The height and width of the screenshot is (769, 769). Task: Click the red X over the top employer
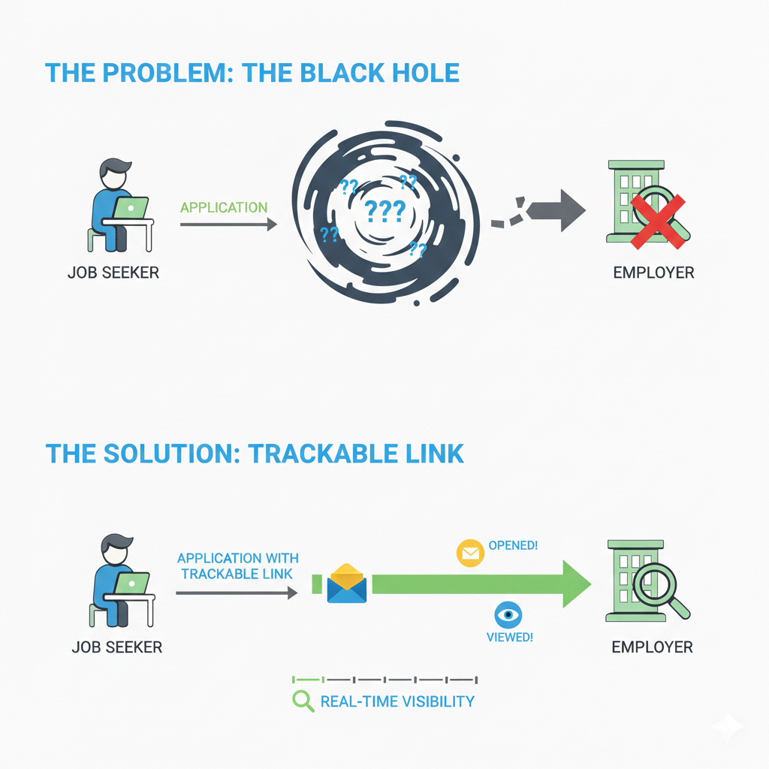pos(657,222)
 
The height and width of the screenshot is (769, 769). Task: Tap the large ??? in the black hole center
pos(384,210)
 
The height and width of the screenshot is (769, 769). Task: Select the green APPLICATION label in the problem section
pos(224,207)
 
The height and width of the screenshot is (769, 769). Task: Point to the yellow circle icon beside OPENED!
pos(470,553)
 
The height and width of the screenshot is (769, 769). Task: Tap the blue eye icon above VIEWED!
pos(508,615)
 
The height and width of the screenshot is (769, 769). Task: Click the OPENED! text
pos(513,545)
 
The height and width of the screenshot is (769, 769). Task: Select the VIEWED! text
pos(510,638)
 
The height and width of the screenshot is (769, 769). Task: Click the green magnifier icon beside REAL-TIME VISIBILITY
pos(303,701)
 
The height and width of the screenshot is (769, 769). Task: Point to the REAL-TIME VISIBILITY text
pos(397,701)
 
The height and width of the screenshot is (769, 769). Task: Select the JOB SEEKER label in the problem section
pos(113,272)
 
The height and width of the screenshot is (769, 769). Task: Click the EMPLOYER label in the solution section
pos(652,647)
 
